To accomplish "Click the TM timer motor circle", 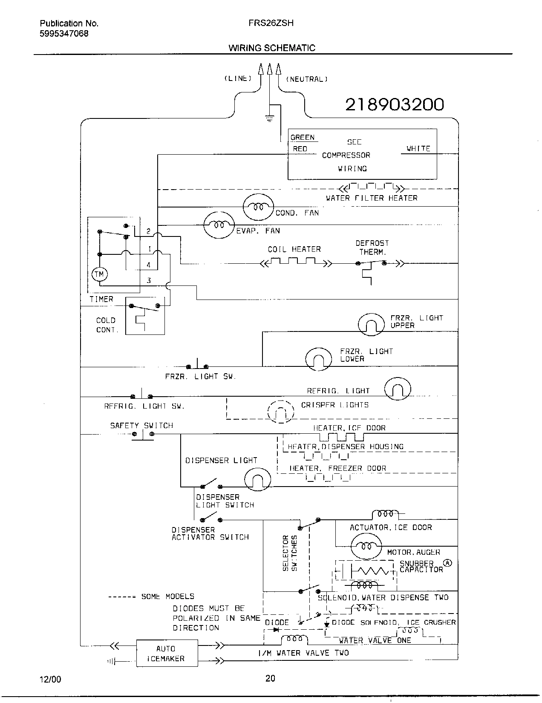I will [x=99, y=274].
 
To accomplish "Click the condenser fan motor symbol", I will [x=258, y=207].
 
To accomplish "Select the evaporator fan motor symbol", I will [x=219, y=224].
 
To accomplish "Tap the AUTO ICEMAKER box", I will [x=167, y=653].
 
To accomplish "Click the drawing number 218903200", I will [x=394, y=104].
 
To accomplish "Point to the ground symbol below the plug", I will [x=269, y=118].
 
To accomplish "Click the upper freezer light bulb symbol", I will [x=371, y=325].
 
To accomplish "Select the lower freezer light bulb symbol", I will [x=318, y=359].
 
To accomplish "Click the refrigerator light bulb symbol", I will [x=398, y=389].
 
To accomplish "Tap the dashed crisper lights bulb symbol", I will [x=281, y=412].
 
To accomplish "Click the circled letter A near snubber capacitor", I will [x=447, y=563].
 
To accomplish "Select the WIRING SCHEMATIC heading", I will [x=272, y=48].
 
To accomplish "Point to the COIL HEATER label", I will [x=294, y=249].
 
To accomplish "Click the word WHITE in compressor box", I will [x=418, y=149].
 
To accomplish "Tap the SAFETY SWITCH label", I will [x=141, y=425].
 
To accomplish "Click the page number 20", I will [x=270, y=679].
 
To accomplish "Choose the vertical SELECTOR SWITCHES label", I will [x=289, y=553].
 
